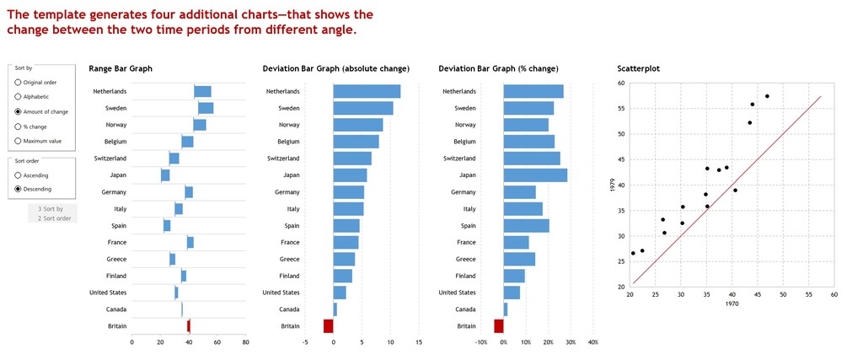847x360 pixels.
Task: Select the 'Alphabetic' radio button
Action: [19, 97]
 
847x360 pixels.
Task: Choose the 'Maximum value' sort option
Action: [19, 141]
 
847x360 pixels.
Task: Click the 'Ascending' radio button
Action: [19, 175]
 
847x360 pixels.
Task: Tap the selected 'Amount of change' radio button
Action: [19, 111]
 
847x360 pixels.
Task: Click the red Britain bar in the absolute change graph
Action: [329, 325]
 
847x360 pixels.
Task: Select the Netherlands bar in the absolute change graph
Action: [367, 91]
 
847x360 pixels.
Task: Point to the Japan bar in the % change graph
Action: [535, 175]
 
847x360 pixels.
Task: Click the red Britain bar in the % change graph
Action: [499, 325]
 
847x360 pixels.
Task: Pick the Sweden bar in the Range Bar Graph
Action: [206, 108]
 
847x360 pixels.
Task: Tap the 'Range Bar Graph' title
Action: [121, 68]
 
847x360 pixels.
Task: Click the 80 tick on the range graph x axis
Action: [245, 342]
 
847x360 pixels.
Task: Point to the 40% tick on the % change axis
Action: [592, 342]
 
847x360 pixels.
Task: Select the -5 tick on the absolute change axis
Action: [305, 342]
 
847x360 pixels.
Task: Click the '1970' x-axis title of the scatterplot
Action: [732, 304]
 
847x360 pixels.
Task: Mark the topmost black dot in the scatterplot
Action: [767, 96]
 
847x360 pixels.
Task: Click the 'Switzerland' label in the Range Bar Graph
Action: [110, 159]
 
